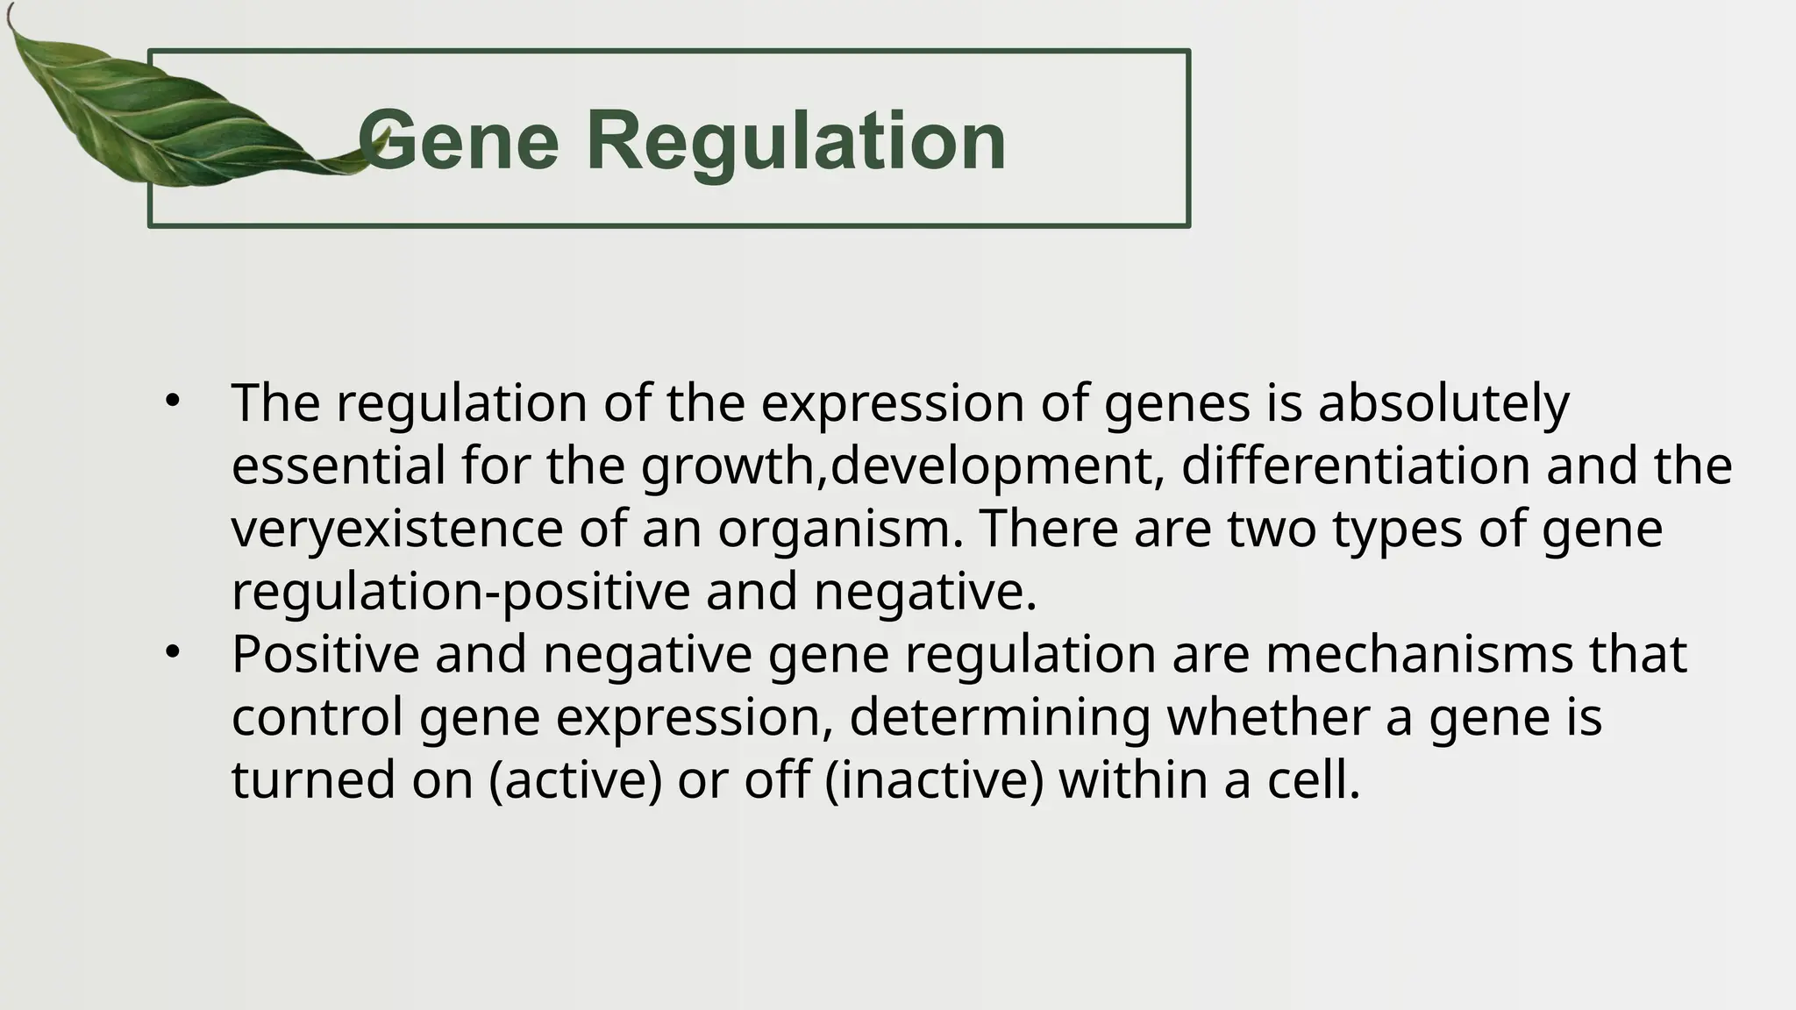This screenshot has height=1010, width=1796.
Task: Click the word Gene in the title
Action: coord(459,140)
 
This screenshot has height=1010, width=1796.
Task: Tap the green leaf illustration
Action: coord(149,114)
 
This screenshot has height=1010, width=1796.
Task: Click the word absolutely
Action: coord(1443,403)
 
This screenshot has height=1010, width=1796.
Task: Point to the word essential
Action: coord(339,466)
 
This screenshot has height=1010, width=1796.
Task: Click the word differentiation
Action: coord(1355,466)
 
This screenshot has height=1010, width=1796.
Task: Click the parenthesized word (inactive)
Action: coord(935,780)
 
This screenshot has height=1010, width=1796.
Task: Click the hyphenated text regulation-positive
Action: coord(460,592)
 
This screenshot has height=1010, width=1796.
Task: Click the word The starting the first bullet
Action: coord(275,403)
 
